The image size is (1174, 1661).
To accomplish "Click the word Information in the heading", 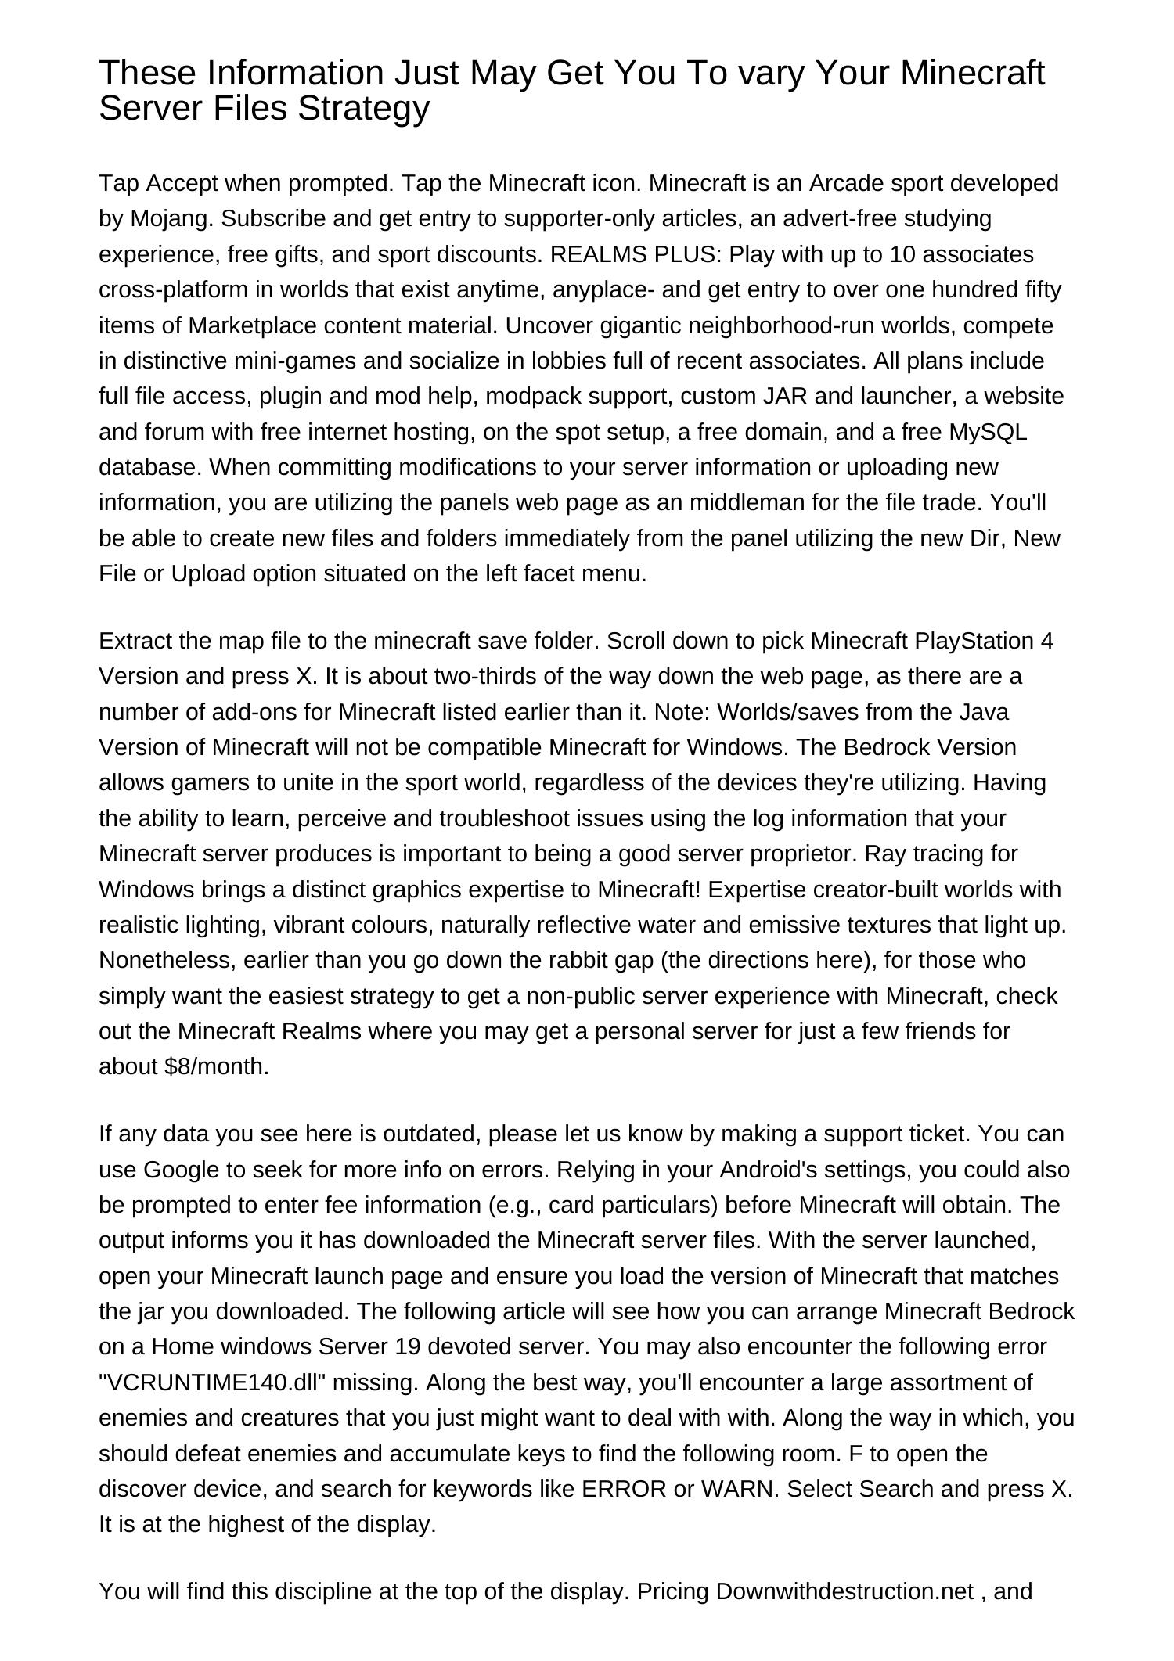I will [297, 73].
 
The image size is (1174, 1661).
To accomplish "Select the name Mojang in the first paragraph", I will [171, 218].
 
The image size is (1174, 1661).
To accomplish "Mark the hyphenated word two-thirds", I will [495, 676].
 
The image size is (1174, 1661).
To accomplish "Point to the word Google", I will [181, 1170].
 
